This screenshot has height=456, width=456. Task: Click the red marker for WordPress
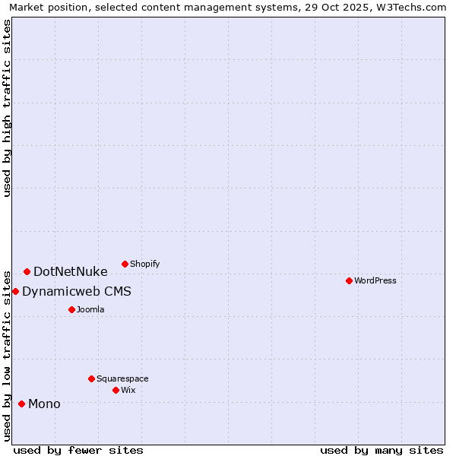(x=349, y=280)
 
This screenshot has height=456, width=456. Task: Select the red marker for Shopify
(x=125, y=264)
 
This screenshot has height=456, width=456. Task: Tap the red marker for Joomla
(x=71, y=309)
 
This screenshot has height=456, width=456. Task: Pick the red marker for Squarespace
(x=91, y=378)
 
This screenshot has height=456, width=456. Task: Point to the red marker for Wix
(x=116, y=390)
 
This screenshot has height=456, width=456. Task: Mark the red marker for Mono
(x=21, y=404)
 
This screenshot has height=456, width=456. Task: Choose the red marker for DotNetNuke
(x=27, y=271)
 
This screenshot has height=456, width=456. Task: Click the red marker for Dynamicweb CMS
(x=15, y=291)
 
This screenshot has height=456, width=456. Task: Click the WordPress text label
(x=375, y=280)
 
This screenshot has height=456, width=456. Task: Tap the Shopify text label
(x=145, y=264)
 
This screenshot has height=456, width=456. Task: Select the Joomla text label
(x=90, y=309)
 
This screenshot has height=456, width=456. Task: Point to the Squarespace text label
(x=122, y=378)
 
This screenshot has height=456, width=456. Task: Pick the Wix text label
(x=128, y=390)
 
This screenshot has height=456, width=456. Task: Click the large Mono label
(x=44, y=404)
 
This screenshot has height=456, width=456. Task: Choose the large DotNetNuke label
(x=71, y=271)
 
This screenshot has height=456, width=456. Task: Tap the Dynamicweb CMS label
(x=77, y=291)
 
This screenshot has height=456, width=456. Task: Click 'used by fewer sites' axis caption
(x=78, y=450)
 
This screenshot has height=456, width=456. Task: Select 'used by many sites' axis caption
(x=382, y=450)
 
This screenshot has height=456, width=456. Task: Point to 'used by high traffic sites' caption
(x=8, y=108)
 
